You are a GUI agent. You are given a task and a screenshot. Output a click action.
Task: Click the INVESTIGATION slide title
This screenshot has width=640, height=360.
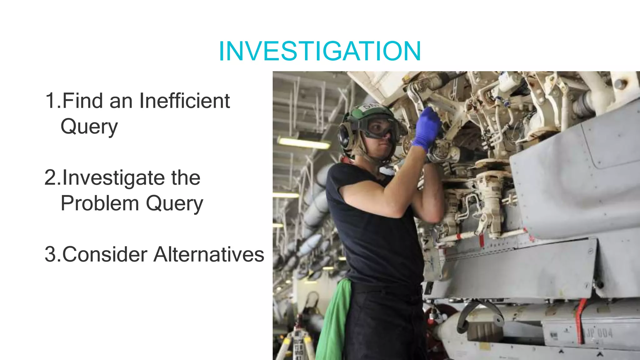tap(320, 51)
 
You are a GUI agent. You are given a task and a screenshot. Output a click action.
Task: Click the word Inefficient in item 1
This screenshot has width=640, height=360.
tap(184, 101)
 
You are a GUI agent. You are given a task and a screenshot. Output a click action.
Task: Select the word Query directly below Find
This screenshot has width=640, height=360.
tap(89, 127)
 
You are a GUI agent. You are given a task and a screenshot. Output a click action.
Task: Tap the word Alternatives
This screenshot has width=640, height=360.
tap(209, 254)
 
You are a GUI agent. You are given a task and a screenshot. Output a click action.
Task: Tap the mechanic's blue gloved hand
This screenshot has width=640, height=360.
tap(426, 128)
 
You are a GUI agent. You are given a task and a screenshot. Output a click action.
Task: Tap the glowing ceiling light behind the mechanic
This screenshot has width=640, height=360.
tap(303, 143)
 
